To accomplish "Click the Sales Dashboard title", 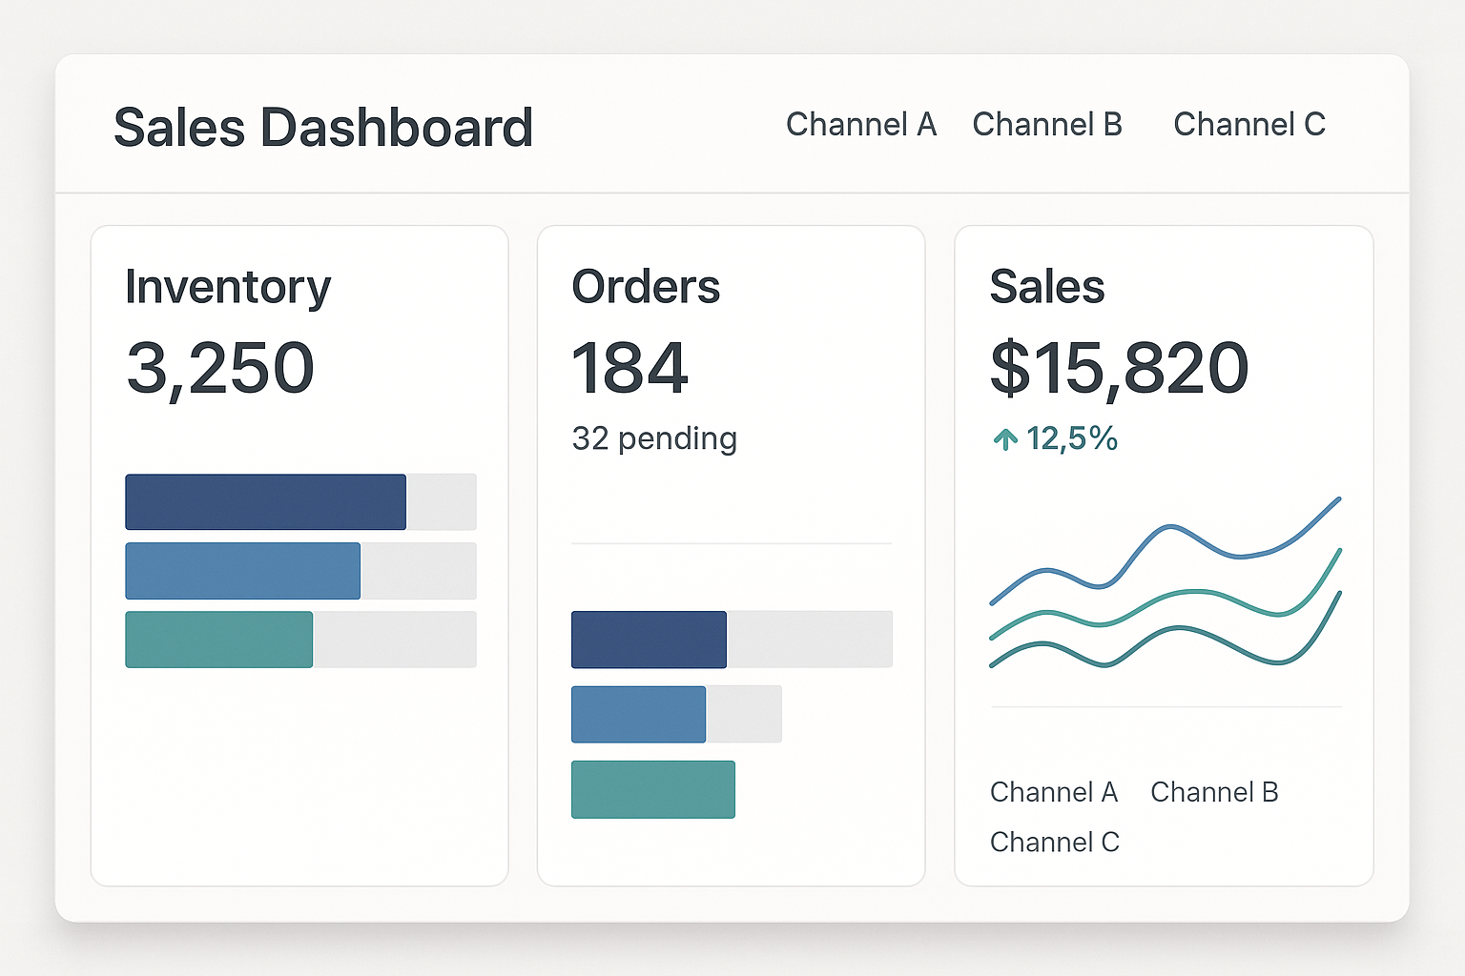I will point(322,128).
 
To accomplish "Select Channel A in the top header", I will point(860,125).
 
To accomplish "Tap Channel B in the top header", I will point(1046,125).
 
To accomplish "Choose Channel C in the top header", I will point(1248,125).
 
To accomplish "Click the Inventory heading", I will point(227,287).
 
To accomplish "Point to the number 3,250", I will point(219,368).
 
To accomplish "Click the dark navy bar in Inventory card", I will point(265,501).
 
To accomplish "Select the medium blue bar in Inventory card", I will point(242,571).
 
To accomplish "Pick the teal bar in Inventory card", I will point(218,640).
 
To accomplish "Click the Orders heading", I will point(646,287).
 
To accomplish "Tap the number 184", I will point(629,368).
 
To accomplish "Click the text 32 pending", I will point(654,438).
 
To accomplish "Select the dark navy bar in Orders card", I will point(649,640).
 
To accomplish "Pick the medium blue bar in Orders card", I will point(638,714).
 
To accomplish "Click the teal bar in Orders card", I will point(652,789).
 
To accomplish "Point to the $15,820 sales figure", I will point(1119,368).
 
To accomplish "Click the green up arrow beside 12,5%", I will point(1005,439).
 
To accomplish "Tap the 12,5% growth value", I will point(1071,438).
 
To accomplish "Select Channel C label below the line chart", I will point(1054,843).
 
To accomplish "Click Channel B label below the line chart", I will point(1213,792).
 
